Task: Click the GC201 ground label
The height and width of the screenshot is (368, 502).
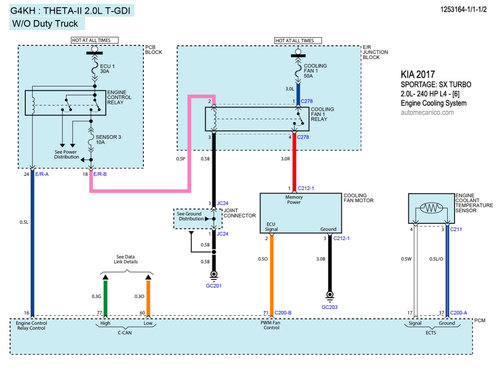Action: pyautogui.click(x=213, y=285)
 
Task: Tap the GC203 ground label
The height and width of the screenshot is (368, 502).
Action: pyautogui.click(x=329, y=307)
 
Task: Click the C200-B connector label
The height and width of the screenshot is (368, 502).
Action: pyautogui.click(x=283, y=313)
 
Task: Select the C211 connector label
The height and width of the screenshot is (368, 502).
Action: pyautogui.click(x=456, y=229)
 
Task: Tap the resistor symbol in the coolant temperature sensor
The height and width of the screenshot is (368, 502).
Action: pyautogui.click(x=431, y=208)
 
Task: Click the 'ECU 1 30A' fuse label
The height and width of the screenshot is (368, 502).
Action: pyautogui.click(x=108, y=69)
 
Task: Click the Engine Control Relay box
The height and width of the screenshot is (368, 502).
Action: pyautogui.click(x=65, y=103)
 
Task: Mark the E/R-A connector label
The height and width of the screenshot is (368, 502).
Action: pyautogui.click(x=42, y=174)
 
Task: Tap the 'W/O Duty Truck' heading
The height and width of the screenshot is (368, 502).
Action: pyautogui.click(x=45, y=23)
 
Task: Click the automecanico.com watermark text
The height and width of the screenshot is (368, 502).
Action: pyautogui.click(x=427, y=113)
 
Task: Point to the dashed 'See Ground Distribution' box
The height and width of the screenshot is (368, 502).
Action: pyautogui.click(x=197, y=219)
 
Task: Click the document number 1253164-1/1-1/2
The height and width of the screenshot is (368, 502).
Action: pyautogui.click(x=463, y=9)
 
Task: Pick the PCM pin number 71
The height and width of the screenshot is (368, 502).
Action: pyautogui.click(x=266, y=313)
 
